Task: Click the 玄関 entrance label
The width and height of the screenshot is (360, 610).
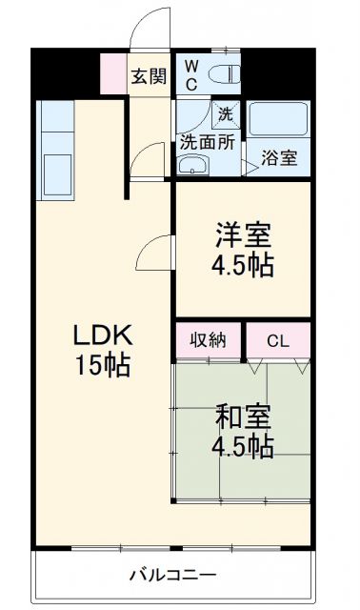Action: pyautogui.click(x=151, y=76)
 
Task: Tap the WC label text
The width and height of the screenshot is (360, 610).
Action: pyautogui.click(x=191, y=74)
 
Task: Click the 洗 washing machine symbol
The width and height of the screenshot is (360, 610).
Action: pyautogui.click(x=225, y=112)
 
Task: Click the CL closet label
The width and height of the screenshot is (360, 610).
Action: pyautogui.click(x=278, y=340)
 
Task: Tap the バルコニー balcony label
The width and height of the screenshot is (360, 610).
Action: pyautogui.click(x=173, y=576)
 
